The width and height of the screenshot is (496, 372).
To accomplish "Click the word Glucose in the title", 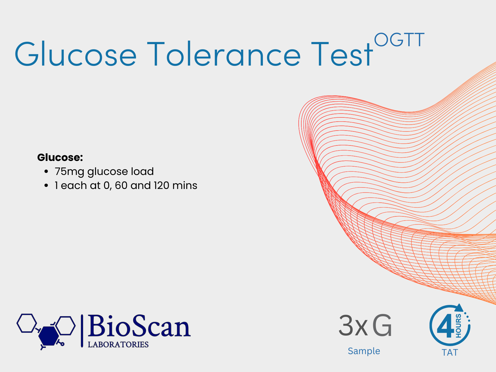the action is click(76, 54).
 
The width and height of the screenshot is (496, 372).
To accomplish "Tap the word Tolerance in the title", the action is click(224, 54).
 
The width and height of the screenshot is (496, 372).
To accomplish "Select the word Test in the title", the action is click(341, 54).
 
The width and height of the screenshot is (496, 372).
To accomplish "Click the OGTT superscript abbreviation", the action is click(399, 40).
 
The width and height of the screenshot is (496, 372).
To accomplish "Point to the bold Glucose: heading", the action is click(60, 157).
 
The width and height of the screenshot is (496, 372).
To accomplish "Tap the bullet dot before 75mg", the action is click(46, 171).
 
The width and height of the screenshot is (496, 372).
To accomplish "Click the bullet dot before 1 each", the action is click(46, 186).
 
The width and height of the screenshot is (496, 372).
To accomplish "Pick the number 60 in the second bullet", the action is click(121, 185).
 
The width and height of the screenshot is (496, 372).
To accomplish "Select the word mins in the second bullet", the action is click(185, 185).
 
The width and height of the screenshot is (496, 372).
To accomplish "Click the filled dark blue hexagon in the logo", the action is click(49, 336).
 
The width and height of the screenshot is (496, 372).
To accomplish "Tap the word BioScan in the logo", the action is click(139, 326).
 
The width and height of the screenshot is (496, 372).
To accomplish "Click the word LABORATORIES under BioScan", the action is click(118, 345).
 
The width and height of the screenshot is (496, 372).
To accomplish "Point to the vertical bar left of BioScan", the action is click(82, 331).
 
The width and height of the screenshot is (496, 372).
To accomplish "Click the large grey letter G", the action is click(382, 326).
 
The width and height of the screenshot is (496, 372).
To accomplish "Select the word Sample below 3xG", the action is click(364, 351).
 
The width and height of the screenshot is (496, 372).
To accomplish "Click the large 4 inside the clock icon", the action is click(445, 326).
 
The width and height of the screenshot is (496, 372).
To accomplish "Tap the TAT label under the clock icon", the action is click(450, 353).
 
